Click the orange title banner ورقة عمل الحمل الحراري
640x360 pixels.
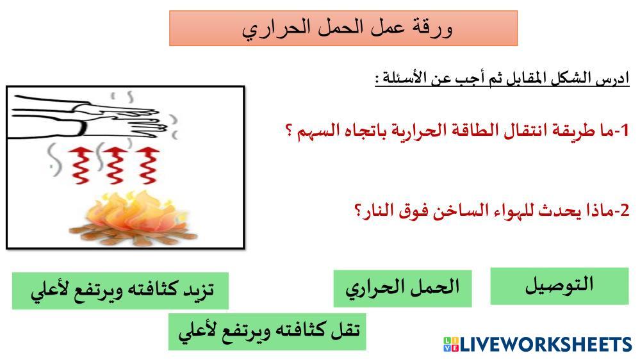pos(343,28)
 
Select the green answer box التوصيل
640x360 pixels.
pos(559,286)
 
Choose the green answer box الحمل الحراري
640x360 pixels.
pos(402,288)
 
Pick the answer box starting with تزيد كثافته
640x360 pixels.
pos(120,291)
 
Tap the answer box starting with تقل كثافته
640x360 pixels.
pos(267,331)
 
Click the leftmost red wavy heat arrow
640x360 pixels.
pos(80,166)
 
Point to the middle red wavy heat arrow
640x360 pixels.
pos(114,166)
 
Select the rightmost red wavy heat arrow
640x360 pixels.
pos(147,166)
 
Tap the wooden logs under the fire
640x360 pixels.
pos(133,234)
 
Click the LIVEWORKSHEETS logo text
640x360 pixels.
pos(546,344)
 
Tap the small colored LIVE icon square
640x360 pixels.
pos(451,344)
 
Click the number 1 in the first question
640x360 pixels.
pos(623,131)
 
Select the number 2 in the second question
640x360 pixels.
pos(625,211)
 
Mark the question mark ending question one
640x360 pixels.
pos(289,131)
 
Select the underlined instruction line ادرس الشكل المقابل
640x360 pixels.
pos(502,78)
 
